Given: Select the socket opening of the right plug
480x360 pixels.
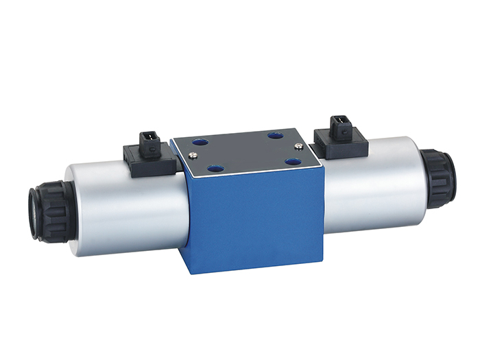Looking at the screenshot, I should point(338,124).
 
